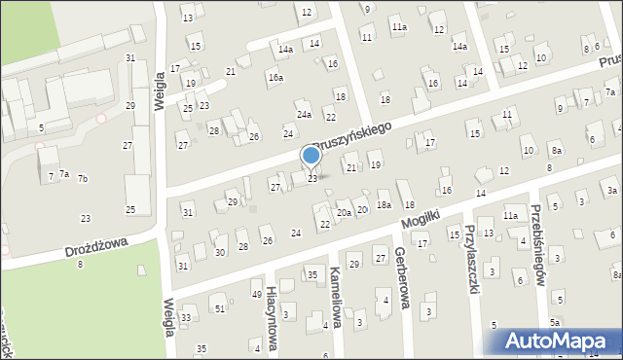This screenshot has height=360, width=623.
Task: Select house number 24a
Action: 305,115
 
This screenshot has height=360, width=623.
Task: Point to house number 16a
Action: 276,78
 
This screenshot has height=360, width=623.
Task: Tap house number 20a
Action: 344,212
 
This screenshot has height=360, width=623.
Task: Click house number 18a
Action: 385,204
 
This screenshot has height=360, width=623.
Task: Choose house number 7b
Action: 83,178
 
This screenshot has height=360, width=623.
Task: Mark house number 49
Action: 257,294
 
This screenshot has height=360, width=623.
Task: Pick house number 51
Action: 220,308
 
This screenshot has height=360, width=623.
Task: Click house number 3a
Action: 612,191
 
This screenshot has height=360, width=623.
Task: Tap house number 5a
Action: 555,322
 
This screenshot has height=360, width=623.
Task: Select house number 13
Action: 187,18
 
